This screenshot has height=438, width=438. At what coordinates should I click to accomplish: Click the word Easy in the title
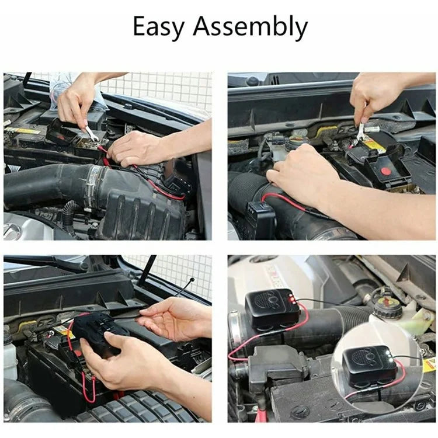tap(159, 27)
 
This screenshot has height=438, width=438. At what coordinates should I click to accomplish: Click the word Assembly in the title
tap(251, 28)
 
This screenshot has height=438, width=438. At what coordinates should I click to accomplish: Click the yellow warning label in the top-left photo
tap(23, 130)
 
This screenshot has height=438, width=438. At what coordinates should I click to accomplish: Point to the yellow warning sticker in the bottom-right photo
tap(429, 365)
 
